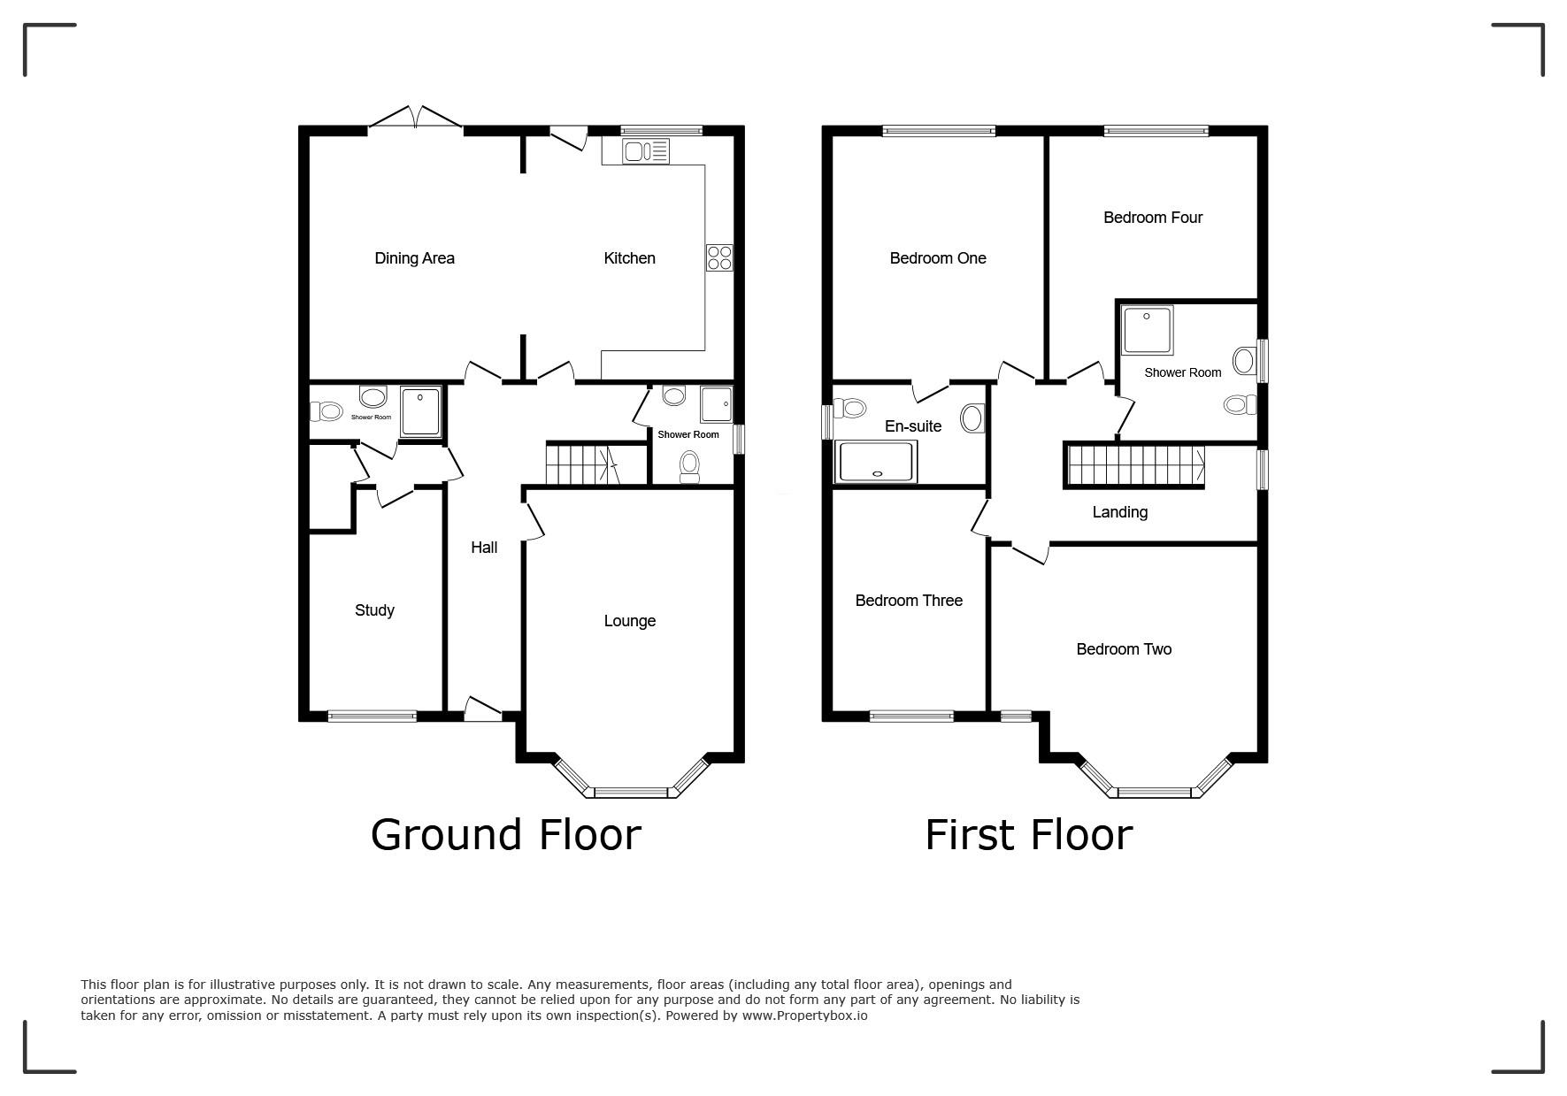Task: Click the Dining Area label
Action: click(x=414, y=258)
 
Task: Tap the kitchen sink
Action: click(x=646, y=151)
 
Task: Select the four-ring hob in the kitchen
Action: click(x=719, y=257)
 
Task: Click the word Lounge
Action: click(x=629, y=621)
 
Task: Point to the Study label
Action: click(x=374, y=610)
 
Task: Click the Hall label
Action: click(x=484, y=548)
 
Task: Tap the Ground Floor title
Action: click(x=505, y=834)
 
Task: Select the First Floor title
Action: click(x=1028, y=834)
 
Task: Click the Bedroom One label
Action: click(x=938, y=258)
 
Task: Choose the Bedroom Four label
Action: click(x=1153, y=218)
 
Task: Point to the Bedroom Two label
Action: click(x=1124, y=649)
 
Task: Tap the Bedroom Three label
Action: click(x=909, y=601)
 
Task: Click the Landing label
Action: click(x=1119, y=512)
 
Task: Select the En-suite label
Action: click(x=913, y=426)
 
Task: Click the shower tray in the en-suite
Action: click(x=877, y=463)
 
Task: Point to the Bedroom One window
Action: click(x=939, y=131)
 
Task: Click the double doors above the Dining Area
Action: click(x=415, y=119)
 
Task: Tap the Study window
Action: click(x=373, y=717)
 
